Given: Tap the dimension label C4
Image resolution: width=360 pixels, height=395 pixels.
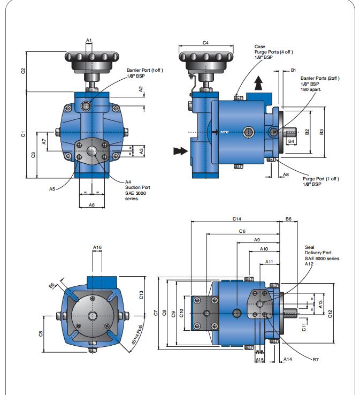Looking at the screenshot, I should pos(205,42).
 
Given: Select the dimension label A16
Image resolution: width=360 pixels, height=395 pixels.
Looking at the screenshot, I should pos(97,247).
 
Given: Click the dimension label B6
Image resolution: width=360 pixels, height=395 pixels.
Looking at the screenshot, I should pos(288,218).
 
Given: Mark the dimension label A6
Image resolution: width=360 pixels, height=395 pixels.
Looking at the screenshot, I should pos(91,205).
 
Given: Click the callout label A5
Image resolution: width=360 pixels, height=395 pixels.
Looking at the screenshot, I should pos(52,188).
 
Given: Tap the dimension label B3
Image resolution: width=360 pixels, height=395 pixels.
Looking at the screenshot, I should pos(321,132).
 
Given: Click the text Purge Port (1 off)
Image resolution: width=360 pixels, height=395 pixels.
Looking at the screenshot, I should pos(320,178).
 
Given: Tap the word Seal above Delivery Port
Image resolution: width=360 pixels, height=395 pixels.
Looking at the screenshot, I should pos(310,248).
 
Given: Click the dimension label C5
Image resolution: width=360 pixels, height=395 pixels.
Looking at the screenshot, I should pos(41,333).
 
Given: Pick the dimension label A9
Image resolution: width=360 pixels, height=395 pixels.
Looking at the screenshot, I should pos(257,240).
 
